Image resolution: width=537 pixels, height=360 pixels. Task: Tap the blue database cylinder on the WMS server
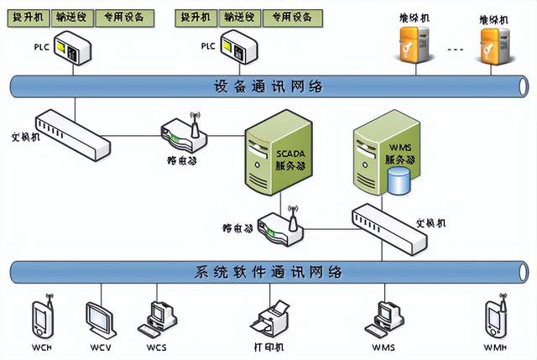coord(399,180)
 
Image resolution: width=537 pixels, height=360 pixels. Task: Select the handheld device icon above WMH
coord(494,317)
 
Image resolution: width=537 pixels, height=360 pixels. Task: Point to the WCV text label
coord(100,347)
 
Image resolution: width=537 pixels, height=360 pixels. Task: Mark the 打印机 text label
coord(270,347)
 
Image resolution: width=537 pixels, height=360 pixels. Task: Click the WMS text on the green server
coord(383,148)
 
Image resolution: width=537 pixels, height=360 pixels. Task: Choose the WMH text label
coord(495,347)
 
